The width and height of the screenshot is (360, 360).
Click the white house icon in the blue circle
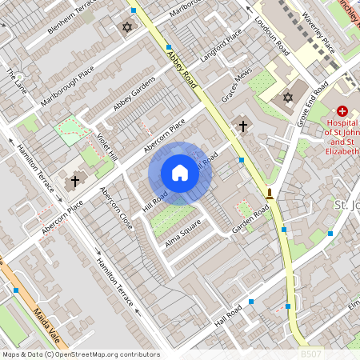tap(180, 173)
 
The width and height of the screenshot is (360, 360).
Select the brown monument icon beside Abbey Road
tap(270, 194)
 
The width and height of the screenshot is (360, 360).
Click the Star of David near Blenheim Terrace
tap(126, 28)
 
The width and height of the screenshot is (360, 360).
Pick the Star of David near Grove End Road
tap(288, 98)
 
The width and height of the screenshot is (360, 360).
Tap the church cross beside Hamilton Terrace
tap(75, 181)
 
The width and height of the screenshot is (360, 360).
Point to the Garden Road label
tap(250, 218)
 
